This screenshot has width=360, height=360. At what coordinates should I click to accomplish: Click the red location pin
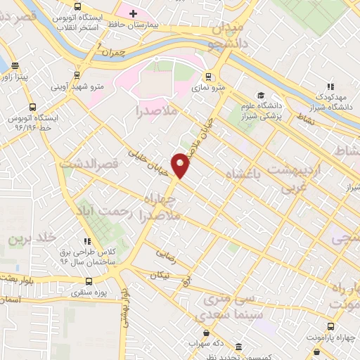pyautogui.click(x=181, y=165)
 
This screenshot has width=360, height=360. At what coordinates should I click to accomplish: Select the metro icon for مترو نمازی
pyautogui.click(x=208, y=77)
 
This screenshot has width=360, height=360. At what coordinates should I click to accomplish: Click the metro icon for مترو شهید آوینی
pyautogui.click(x=77, y=75)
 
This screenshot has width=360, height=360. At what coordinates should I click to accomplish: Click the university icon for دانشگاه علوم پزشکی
pyautogui.click(x=260, y=95)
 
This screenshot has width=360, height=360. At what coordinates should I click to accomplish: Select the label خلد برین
pyautogui.click(x=30, y=239)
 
